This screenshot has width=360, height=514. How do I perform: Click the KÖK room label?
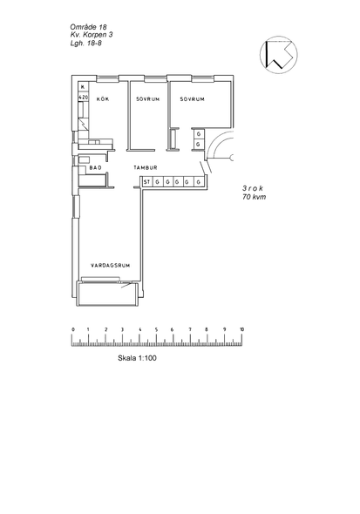click(103, 99)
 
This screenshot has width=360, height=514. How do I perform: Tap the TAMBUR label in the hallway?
click(146, 167)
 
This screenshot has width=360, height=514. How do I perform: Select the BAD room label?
click(95, 167)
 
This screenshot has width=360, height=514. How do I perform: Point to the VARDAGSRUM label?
click(110, 265)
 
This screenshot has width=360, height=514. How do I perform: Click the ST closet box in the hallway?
click(146, 181)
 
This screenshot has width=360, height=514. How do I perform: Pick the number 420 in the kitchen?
click(84, 98)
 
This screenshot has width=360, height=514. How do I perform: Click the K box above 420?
click(83, 87)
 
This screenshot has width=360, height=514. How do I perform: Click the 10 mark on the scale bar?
click(241, 329)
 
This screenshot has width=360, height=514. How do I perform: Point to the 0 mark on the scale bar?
click(73, 329)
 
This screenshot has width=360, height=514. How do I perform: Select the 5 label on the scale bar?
click(156, 329)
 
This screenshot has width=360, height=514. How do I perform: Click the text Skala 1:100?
click(137, 358)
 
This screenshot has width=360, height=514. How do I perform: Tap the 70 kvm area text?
click(255, 197)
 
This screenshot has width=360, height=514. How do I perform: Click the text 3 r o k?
click(253, 188)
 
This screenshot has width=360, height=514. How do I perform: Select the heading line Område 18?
click(89, 27)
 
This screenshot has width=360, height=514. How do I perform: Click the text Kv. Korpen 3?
click(92, 35)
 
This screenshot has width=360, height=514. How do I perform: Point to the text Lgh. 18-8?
click(86, 43)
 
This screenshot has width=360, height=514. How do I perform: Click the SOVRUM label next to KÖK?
click(148, 99)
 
